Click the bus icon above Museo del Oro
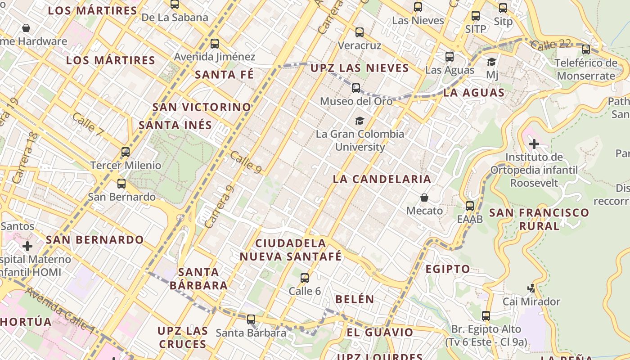[356, 88]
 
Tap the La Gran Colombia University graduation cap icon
[360, 121]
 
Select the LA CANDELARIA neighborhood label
[382, 179]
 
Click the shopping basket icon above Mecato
[424, 198]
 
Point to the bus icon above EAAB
[470, 206]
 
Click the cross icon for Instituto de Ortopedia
[534, 144]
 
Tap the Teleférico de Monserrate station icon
[585, 49]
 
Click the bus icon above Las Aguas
[449, 57]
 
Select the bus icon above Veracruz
[359, 32]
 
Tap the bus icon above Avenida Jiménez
[215, 44]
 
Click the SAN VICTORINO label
[202, 107]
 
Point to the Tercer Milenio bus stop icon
[126, 152]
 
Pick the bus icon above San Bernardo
[121, 184]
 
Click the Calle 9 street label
[246, 162]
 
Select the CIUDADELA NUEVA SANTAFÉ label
[291, 250]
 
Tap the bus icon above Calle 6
[305, 278]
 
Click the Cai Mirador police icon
[531, 288]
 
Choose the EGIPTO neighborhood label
[448, 269]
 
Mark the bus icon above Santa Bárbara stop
[251, 319]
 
